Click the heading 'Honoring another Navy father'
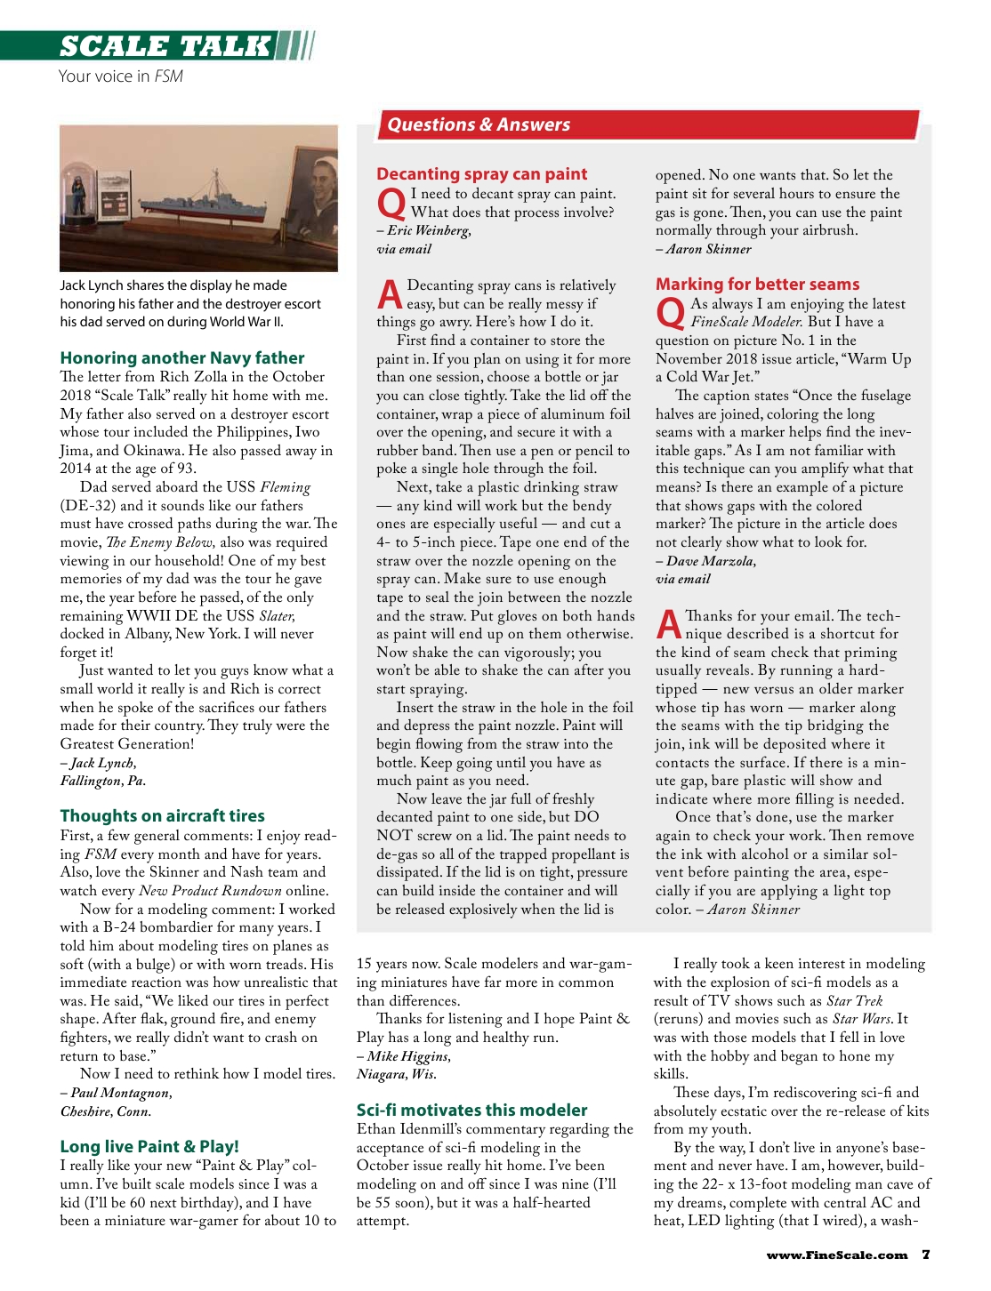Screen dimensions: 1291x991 pos(182,357)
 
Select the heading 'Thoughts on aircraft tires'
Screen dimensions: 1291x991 pos(162,815)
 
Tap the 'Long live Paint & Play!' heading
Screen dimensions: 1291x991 pos(149,1146)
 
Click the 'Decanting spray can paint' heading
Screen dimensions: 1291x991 pos(481,173)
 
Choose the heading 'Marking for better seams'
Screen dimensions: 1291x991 pos(757,284)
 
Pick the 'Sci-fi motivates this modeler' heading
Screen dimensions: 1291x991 pos(471,1110)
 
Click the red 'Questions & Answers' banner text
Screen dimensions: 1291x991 pos(479,124)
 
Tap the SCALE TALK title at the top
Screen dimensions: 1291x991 pos(165,46)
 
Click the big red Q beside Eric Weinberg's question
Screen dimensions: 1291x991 pos(391,204)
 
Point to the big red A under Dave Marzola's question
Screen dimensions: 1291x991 pos(668,623)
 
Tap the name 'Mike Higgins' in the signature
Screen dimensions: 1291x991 pos(408,1056)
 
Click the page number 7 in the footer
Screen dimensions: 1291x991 pos(926,1255)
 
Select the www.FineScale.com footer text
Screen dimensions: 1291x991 pos(836,1255)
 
